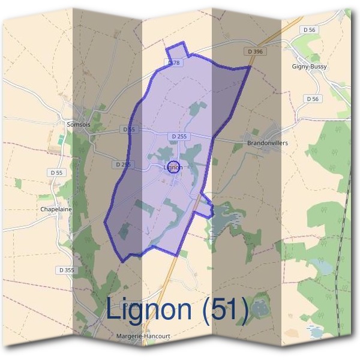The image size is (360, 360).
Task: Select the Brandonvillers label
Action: (x=268, y=144)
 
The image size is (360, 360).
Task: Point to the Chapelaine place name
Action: (x=56, y=209)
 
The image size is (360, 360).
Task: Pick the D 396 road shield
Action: (x=254, y=52)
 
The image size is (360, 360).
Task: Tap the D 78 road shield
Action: (x=174, y=62)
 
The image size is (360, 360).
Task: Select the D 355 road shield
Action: (x=67, y=271)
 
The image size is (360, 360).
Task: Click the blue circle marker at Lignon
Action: (x=173, y=167)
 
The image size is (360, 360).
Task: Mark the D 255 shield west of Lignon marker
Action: (x=122, y=164)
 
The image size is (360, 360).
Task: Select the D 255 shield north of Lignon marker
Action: (x=179, y=137)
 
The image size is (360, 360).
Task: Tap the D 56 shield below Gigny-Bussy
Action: (x=311, y=98)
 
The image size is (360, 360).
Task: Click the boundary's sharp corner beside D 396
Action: (x=250, y=67)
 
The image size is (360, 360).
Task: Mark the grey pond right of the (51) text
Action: (x=259, y=309)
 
